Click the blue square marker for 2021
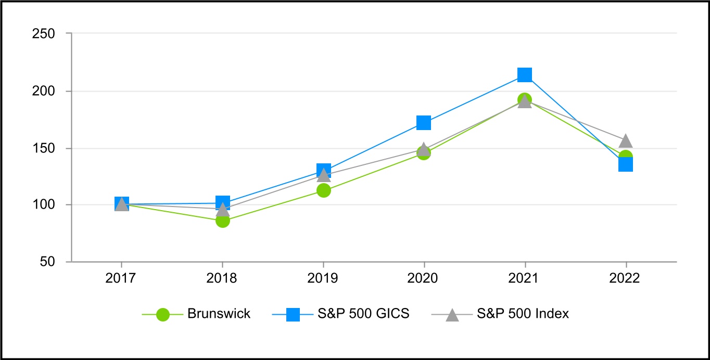pos(525,75)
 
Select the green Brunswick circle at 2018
pos(223,221)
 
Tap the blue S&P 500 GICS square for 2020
pos(424,123)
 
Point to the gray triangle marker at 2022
pos(626,141)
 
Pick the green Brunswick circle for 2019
pos(323,190)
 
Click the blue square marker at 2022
pos(626,164)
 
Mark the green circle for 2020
pos(424,153)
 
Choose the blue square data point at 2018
pos(223,202)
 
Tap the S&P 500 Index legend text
pos(523,314)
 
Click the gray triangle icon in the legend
pos(452,314)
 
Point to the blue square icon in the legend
pos(293,314)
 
